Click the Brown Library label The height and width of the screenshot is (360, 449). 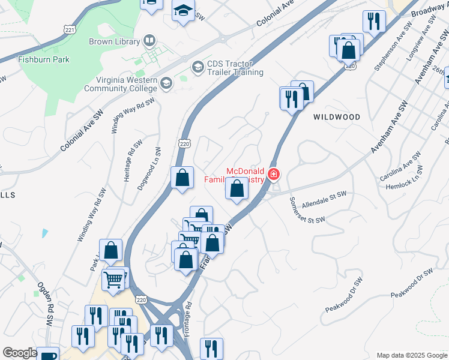click(114, 41)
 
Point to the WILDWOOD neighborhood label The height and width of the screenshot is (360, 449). click(337, 117)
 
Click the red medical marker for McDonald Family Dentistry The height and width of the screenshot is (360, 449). click(274, 175)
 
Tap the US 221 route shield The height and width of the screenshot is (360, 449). click(70, 29)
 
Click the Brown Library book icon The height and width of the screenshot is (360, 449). click(149, 41)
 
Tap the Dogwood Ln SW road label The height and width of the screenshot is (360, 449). click(149, 169)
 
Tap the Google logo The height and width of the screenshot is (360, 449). click(20, 353)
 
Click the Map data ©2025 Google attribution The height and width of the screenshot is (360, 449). click(411, 355)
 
